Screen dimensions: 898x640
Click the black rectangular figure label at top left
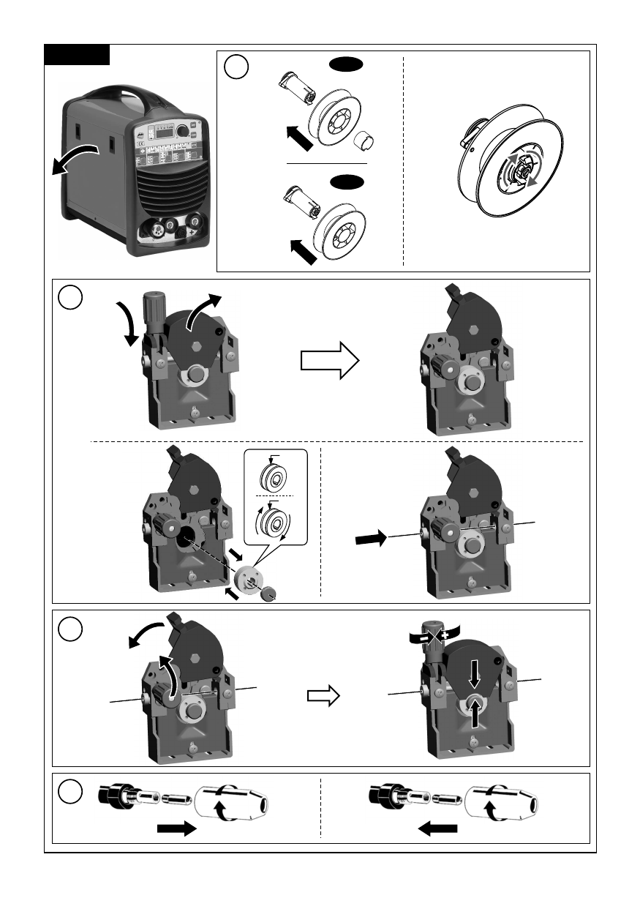(77, 55)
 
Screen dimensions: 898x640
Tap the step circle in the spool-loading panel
(236, 68)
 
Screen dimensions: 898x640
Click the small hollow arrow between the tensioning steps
(324, 697)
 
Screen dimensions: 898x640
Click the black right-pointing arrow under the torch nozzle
(176, 828)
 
